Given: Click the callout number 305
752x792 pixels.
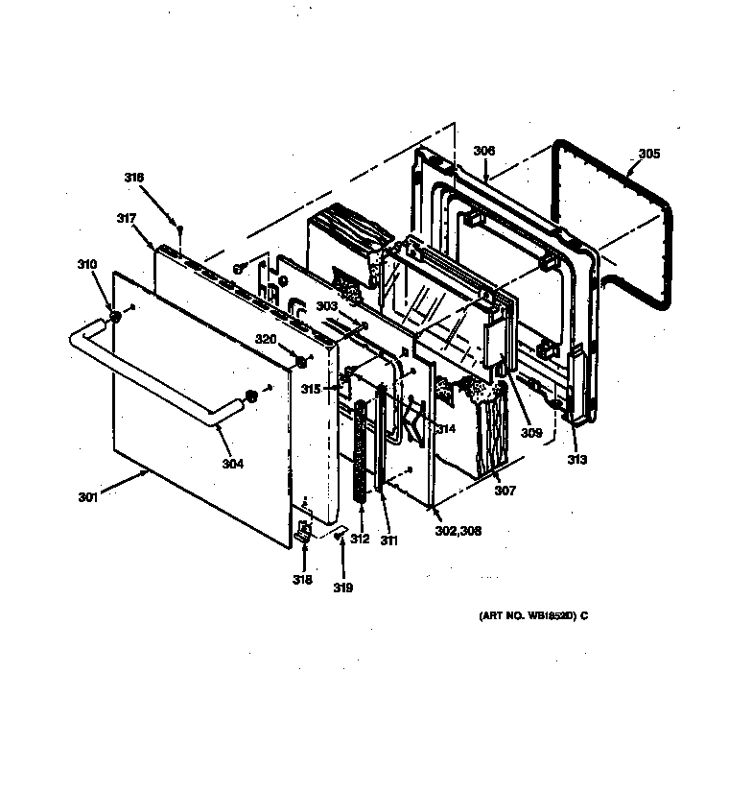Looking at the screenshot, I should coord(649,153).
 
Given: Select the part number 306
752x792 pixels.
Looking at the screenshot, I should coord(484,151).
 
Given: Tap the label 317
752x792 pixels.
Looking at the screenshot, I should coord(126,218).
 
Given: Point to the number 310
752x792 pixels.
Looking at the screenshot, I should coord(87,263).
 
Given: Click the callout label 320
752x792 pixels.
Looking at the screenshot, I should coord(265,339).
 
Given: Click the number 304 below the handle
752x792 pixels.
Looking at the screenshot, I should coord(232,464).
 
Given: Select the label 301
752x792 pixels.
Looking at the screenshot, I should coord(88,497).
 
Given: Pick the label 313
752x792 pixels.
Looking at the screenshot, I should coord(576,458).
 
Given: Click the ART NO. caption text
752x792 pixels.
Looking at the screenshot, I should coord(533,615).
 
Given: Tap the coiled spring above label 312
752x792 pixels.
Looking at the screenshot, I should coord(362,451).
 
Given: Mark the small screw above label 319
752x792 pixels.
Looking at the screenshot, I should coord(341,540).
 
